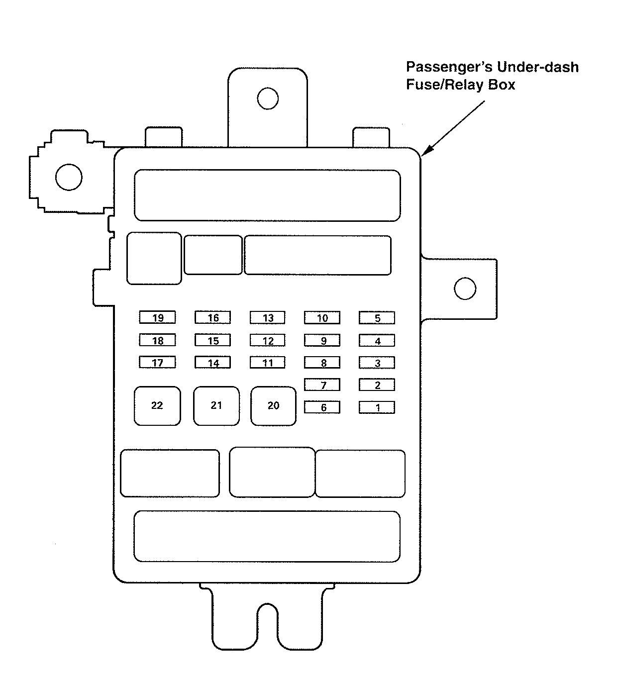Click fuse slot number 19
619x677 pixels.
tap(157, 318)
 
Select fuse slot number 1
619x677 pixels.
tap(377, 407)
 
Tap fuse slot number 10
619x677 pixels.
tap(322, 318)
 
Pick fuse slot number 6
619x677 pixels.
tap(322, 407)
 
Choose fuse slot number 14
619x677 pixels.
tap(212, 363)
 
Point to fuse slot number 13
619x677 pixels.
tap(268, 318)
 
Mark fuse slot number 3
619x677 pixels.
tap(377, 363)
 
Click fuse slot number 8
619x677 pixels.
tap(322, 363)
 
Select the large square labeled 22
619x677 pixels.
tap(157, 406)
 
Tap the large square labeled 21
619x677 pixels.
tap(216, 406)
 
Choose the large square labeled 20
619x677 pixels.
tap(273, 406)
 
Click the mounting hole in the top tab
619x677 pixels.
tap(268, 98)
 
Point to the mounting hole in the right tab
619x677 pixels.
tap(465, 289)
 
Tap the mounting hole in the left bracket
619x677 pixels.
tap(69, 177)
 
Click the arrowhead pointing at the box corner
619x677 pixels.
tap(426, 152)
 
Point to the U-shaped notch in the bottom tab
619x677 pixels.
tap(268, 622)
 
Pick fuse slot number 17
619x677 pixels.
tap(157, 363)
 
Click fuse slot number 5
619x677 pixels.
tap(377, 318)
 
